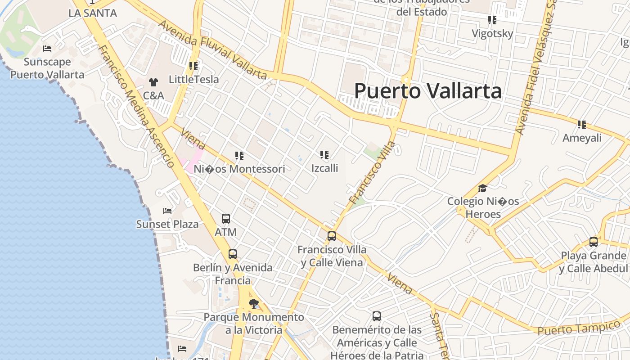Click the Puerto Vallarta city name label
[x=427, y=91]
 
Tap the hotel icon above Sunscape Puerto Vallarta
[x=47, y=49]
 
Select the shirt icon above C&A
[x=153, y=82]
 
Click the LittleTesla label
[x=194, y=80]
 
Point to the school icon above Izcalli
[x=324, y=155]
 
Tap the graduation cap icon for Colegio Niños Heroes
[x=483, y=188]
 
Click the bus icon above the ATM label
[x=226, y=219]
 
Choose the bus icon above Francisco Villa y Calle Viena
[x=332, y=236]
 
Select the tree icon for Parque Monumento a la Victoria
[x=254, y=303]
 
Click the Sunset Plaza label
[x=167, y=224]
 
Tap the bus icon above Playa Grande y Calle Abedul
[x=594, y=242]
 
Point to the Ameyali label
[x=582, y=138]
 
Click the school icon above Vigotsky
[x=492, y=20]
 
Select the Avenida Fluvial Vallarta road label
[x=212, y=49]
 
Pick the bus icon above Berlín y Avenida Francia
[x=233, y=254]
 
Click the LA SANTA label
[x=93, y=13]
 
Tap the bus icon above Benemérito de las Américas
[x=377, y=316]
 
